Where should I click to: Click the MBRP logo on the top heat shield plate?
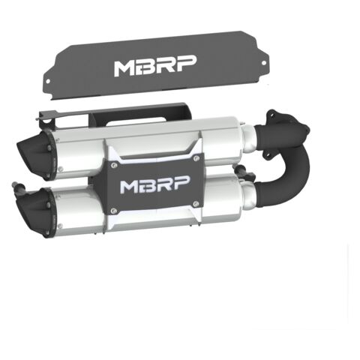click(155, 65)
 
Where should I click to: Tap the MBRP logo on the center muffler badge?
click(155, 185)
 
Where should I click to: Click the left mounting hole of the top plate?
click(48, 81)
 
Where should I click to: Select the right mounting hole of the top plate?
click(263, 63)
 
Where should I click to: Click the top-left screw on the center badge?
click(114, 165)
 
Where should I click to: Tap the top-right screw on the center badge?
click(196, 157)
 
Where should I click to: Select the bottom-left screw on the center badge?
click(114, 211)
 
